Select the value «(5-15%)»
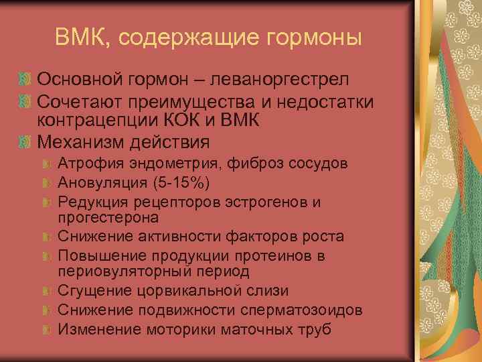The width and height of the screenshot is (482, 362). click(x=157, y=182)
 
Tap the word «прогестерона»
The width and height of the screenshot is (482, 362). click(x=108, y=217)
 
